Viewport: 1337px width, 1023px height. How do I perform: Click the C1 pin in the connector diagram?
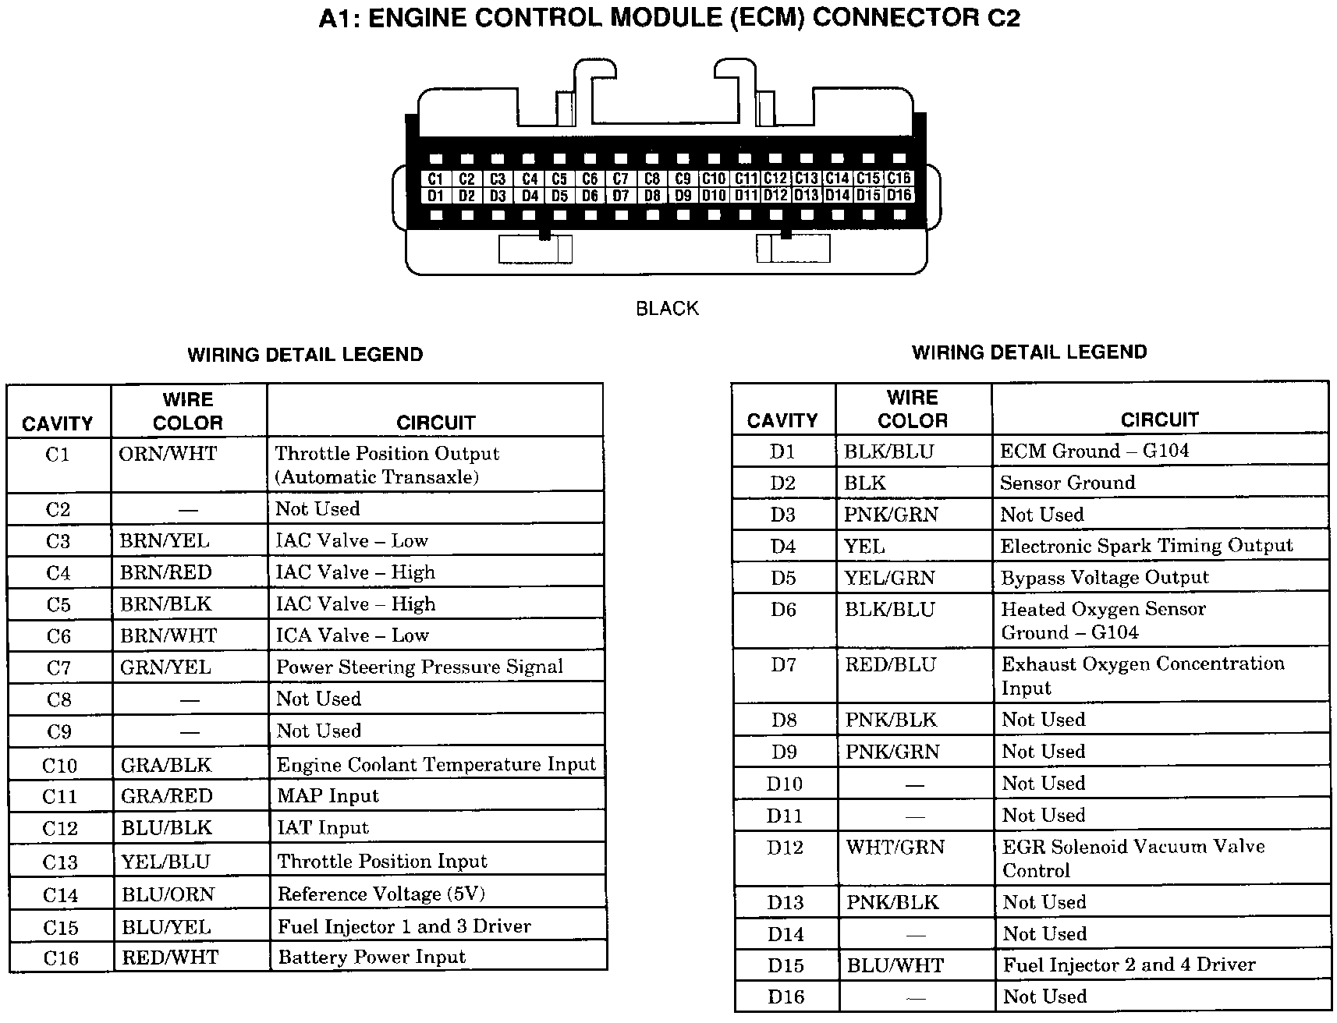[x=435, y=179]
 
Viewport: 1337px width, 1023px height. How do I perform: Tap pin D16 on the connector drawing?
[x=899, y=196]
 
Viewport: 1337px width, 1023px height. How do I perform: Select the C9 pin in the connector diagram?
[x=683, y=179]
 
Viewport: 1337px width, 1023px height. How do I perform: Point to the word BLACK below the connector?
[x=667, y=309]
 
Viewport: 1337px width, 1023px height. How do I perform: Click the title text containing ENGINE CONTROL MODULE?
[x=669, y=18]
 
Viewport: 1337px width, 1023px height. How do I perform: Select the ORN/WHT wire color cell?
[x=168, y=454]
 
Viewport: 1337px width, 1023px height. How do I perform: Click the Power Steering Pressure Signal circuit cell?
[x=420, y=667]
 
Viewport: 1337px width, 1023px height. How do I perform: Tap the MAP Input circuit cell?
[x=328, y=796]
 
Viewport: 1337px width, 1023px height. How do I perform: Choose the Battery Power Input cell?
[x=371, y=958]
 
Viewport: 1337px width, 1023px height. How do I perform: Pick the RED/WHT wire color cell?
[x=170, y=958]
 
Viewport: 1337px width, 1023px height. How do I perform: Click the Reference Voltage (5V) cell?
[x=381, y=894]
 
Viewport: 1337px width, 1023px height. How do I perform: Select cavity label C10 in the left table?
[x=60, y=766]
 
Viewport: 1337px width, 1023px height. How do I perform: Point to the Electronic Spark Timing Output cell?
[x=1147, y=546]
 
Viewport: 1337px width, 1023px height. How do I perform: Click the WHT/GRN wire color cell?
[x=895, y=848]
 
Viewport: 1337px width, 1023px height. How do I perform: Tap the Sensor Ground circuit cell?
[x=1067, y=483]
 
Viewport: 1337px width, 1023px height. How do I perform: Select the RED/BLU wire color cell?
[x=890, y=665]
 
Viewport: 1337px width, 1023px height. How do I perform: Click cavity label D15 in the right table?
[x=786, y=965]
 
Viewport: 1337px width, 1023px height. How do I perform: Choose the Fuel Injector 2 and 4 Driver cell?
[x=1129, y=965]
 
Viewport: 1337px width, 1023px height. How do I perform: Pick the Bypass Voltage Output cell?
[x=1105, y=578]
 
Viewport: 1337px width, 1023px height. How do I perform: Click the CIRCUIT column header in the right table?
[x=1159, y=420]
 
